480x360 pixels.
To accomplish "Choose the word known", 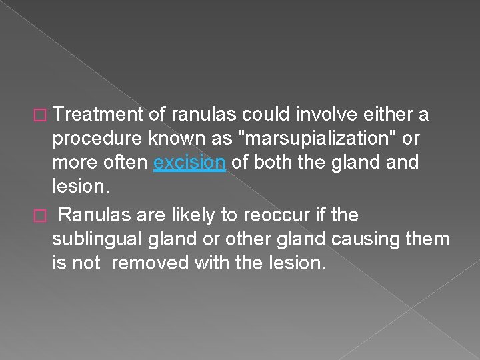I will [x=173, y=139].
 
